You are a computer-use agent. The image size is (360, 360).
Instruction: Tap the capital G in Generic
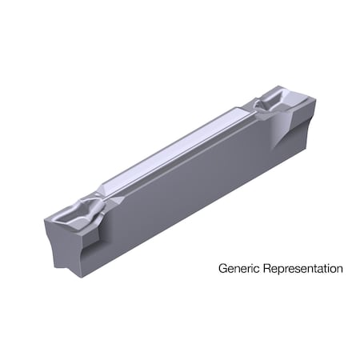(223, 269)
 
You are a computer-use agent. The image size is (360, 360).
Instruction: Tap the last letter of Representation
(340, 269)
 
